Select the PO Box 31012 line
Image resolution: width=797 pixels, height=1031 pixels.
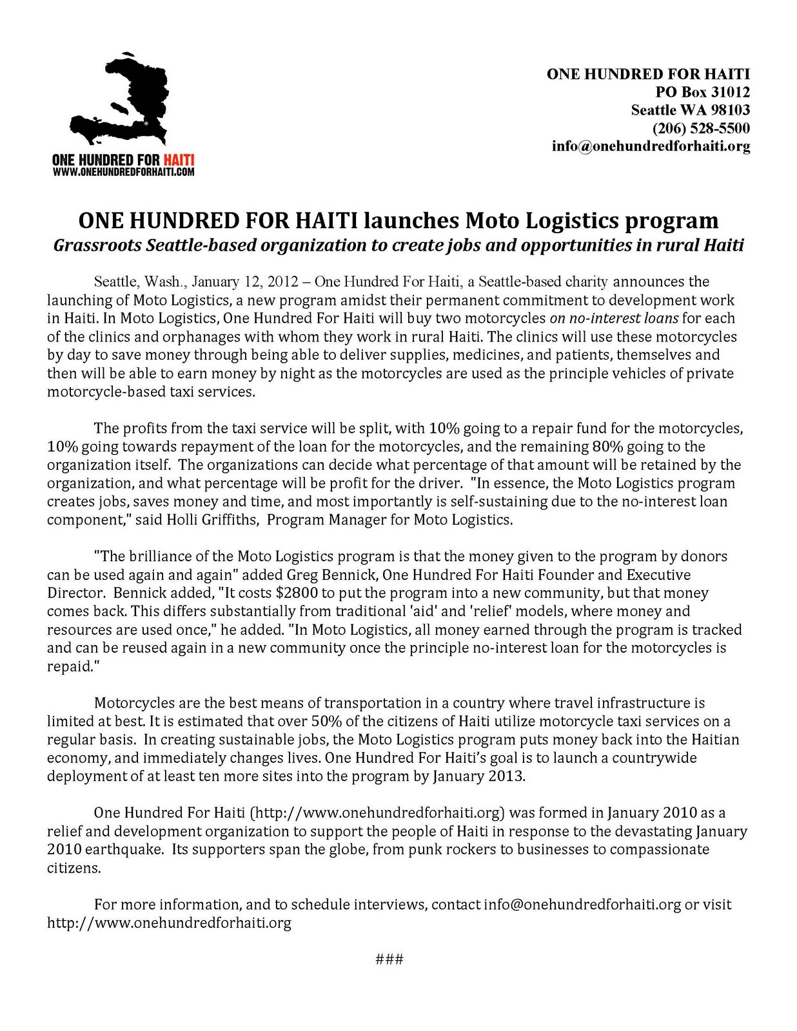[x=702, y=92]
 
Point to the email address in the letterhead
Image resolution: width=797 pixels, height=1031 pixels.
[x=651, y=146]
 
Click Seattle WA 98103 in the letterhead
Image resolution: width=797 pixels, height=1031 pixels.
[x=690, y=110]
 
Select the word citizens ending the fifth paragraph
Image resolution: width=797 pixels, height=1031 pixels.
[x=74, y=868]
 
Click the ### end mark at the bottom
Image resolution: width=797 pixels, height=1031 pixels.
[x=389, y=959]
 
